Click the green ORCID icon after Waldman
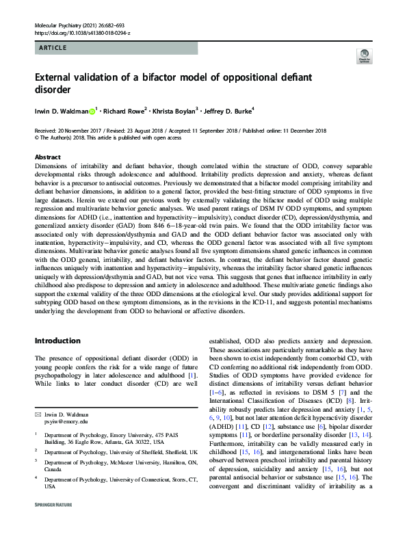coord(92,109)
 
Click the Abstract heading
coord(47,157)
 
